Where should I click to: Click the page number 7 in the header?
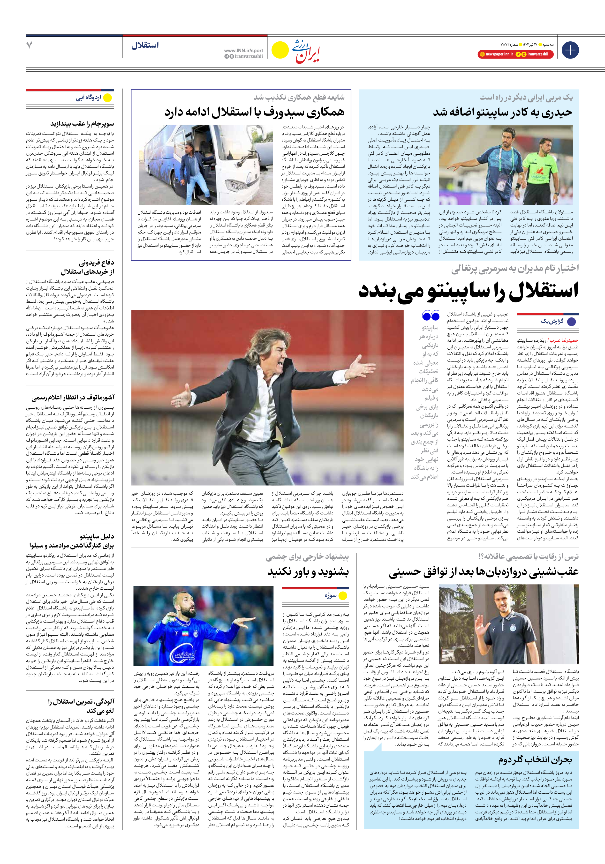pos(29,45)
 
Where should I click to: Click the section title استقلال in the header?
pos(145,45)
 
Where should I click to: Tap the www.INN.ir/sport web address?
pos(244,50)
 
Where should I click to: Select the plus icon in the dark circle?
pos(570,50)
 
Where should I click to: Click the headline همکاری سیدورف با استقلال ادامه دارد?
pos(254,112)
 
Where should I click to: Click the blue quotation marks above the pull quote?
pos(431,315)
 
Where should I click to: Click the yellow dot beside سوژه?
pos(343,596)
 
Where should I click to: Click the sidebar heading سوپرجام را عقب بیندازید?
pos(82,124)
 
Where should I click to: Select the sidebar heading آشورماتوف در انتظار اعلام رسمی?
pos(73,397)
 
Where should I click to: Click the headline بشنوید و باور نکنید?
pos(308,572)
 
